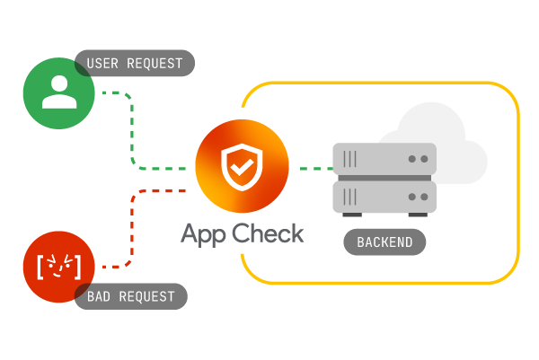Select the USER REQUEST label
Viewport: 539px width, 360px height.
point(135,63)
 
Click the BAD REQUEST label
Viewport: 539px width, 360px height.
point(131,295)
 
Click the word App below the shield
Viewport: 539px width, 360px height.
point(204,233)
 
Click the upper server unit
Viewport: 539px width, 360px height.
point(384,160)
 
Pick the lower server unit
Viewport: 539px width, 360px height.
point(384,196)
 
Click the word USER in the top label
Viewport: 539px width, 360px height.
point(103,63)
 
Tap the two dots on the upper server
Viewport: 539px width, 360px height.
point(418,159)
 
